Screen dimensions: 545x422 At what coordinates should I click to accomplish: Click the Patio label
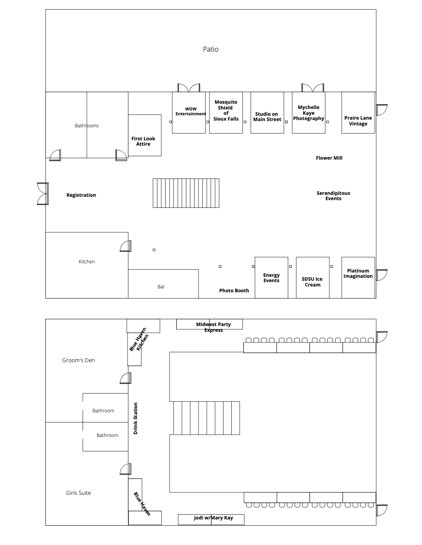point(211,49)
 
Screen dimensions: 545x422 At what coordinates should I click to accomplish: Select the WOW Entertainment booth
point(189,112)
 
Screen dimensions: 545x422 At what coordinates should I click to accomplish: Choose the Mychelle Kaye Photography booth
point(309,113)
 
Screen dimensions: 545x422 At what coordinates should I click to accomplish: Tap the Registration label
point(81,195)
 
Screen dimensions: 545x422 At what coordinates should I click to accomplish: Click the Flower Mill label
point(329,158)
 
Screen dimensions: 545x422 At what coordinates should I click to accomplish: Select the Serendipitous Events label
point(333,195)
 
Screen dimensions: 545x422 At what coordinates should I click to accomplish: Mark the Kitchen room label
point(87,262)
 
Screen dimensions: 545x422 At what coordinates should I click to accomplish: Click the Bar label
point(161,287)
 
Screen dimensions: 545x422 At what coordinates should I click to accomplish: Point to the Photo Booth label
point(234,291)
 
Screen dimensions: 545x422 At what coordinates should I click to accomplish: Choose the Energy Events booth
point(271,278)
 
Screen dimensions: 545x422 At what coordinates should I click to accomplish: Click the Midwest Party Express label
point(213,327)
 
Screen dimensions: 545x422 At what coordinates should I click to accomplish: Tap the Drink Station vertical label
point(136,418)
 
